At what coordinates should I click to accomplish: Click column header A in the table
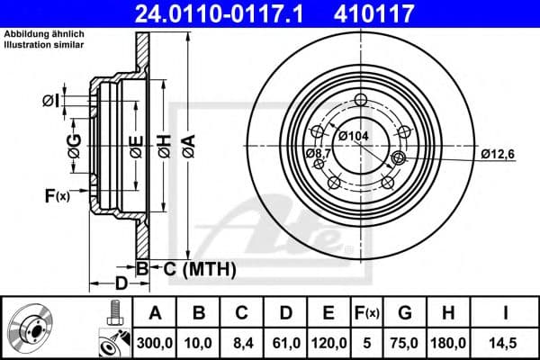coord(155,312)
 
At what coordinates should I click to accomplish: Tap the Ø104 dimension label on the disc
coord(355,136)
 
